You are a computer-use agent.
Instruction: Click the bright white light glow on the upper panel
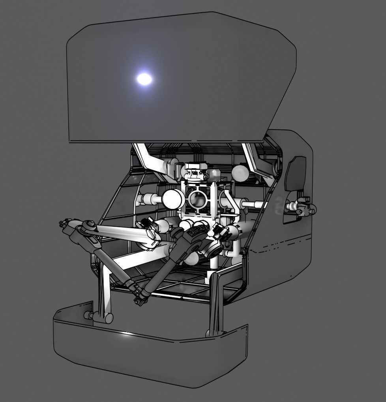pyautogui.click(x=144, y=79)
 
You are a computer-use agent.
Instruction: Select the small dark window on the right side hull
pyautogui.click(x=295, y=174)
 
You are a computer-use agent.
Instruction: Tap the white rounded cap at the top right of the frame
pyautogui.click(x=240, y=173)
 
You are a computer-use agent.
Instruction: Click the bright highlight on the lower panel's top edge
pyautogui.click(x=127, y=334)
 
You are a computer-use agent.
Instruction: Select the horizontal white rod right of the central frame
pyautogui.click(x=253, y=205)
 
